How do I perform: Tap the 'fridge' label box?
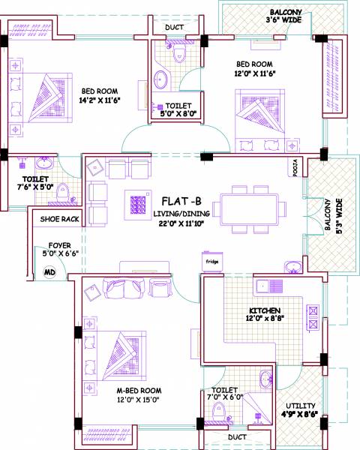pos(212,262)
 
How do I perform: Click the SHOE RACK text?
pos(60,220)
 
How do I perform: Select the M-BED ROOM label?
pos(139,391)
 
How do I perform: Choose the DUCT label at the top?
pos(174,28)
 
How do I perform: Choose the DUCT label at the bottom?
pos(236,436)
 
